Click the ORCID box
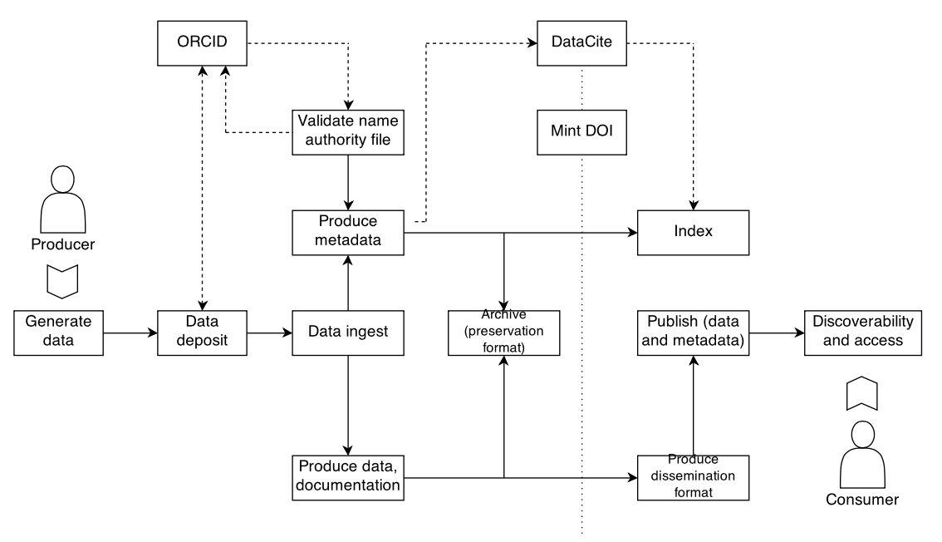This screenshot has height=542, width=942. [x=203, y=42]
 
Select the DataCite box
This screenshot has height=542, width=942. [x=581, y=42]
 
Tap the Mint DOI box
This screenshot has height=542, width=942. [x=581, y=131]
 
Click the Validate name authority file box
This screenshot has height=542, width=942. [x=347, y=131]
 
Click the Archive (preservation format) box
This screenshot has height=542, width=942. [x=503, y=333]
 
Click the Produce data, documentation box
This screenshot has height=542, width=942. [x=347, y=477]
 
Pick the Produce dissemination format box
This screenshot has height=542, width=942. [x=693, y=477]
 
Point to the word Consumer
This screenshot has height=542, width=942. [x=861, y=500]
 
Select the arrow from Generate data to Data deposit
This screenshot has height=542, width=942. [x=130, y=333]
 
